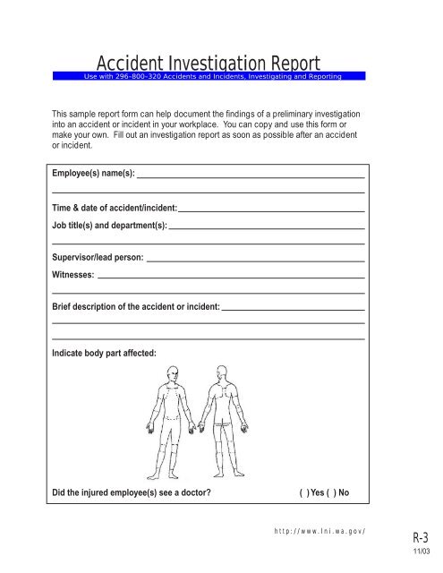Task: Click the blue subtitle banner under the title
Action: coord(211,76)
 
